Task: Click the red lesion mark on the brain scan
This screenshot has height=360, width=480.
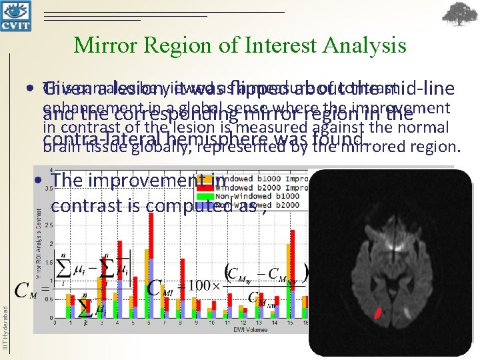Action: [x=378, y=311]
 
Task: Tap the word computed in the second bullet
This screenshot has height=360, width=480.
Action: [x=147, y=205]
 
